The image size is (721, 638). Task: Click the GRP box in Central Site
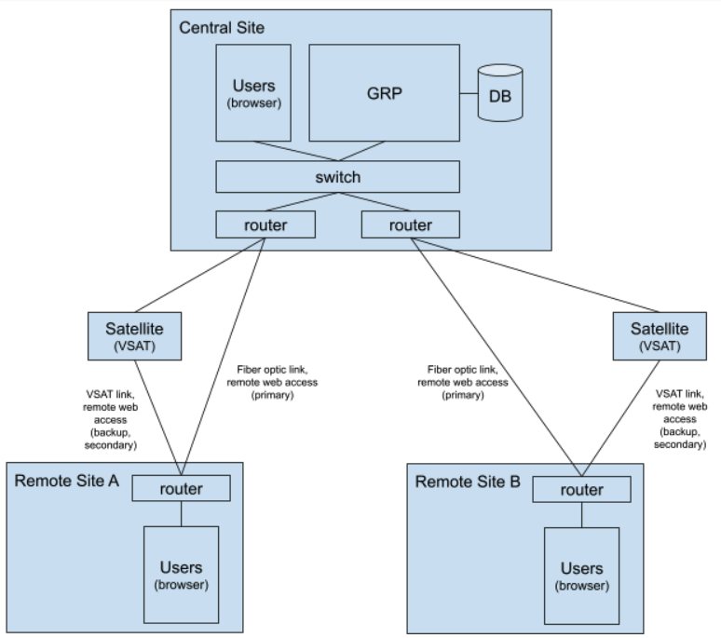tap(384, 93)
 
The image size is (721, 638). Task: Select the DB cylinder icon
tap(500, 95)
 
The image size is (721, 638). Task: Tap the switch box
tap(337, 176)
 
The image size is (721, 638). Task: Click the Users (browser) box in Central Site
tap(253, 93)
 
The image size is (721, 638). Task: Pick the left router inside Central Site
tap(265, 224)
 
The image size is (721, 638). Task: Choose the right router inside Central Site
tap(410, 224)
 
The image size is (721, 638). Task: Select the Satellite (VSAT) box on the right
tap(659, 335)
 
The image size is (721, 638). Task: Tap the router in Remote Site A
tap(181, 488)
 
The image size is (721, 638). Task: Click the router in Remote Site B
tap(580, 489)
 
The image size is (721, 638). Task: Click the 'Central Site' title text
tap(222, 28)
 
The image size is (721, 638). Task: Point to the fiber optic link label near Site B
tap(463, 382)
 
